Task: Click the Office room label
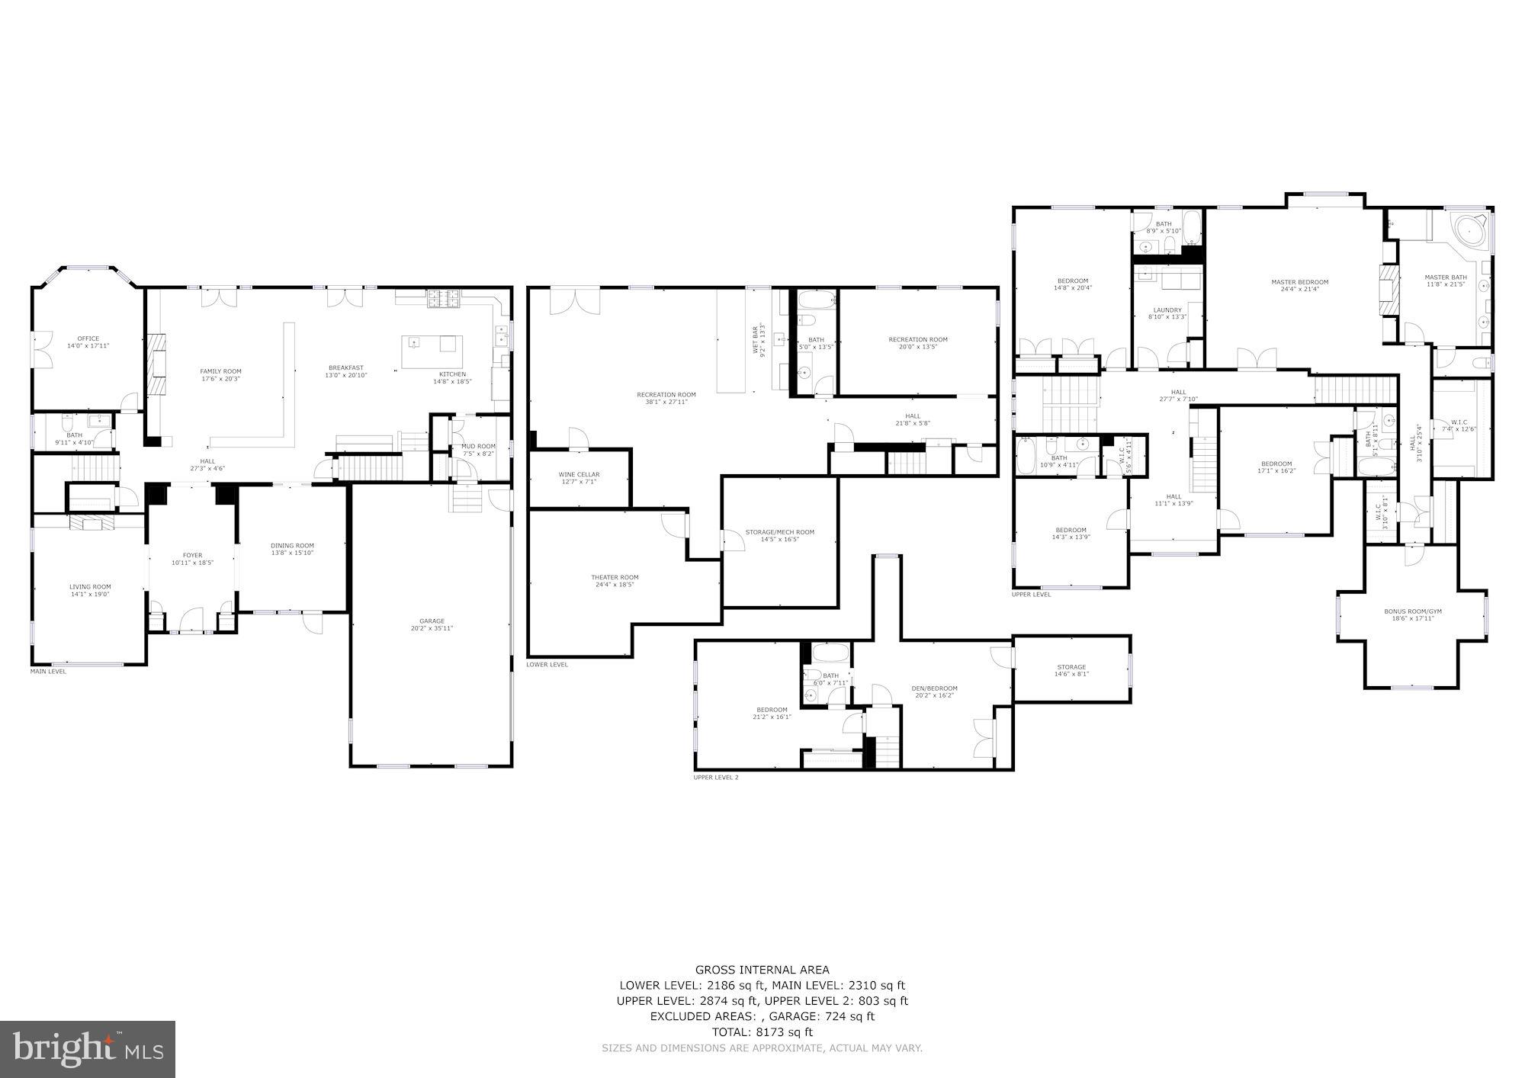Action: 88,338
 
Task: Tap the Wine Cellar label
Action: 579,474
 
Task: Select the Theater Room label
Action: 615,577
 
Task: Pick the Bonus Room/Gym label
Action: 1413,611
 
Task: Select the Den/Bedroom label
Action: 934,688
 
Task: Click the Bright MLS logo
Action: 88,1049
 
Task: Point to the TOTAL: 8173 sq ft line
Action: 762,1032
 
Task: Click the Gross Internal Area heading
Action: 762,970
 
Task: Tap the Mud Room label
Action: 478,446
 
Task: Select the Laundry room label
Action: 1167,310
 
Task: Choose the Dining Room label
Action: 292,545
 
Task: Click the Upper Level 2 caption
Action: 715,777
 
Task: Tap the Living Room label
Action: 90,586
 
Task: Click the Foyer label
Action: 192,555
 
